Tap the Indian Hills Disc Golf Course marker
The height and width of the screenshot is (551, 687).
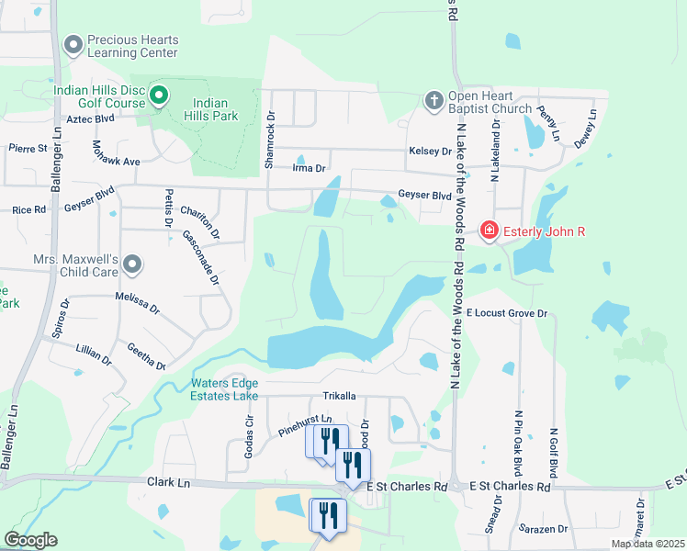158,95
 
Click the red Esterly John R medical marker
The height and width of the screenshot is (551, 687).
490,231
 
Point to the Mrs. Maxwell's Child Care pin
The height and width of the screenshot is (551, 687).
133,265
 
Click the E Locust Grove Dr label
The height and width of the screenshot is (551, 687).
506,313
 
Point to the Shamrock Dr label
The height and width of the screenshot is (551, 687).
270,140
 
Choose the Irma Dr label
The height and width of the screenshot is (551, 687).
309,168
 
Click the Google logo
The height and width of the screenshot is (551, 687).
30,540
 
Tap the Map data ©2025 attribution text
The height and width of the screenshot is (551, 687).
647,544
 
